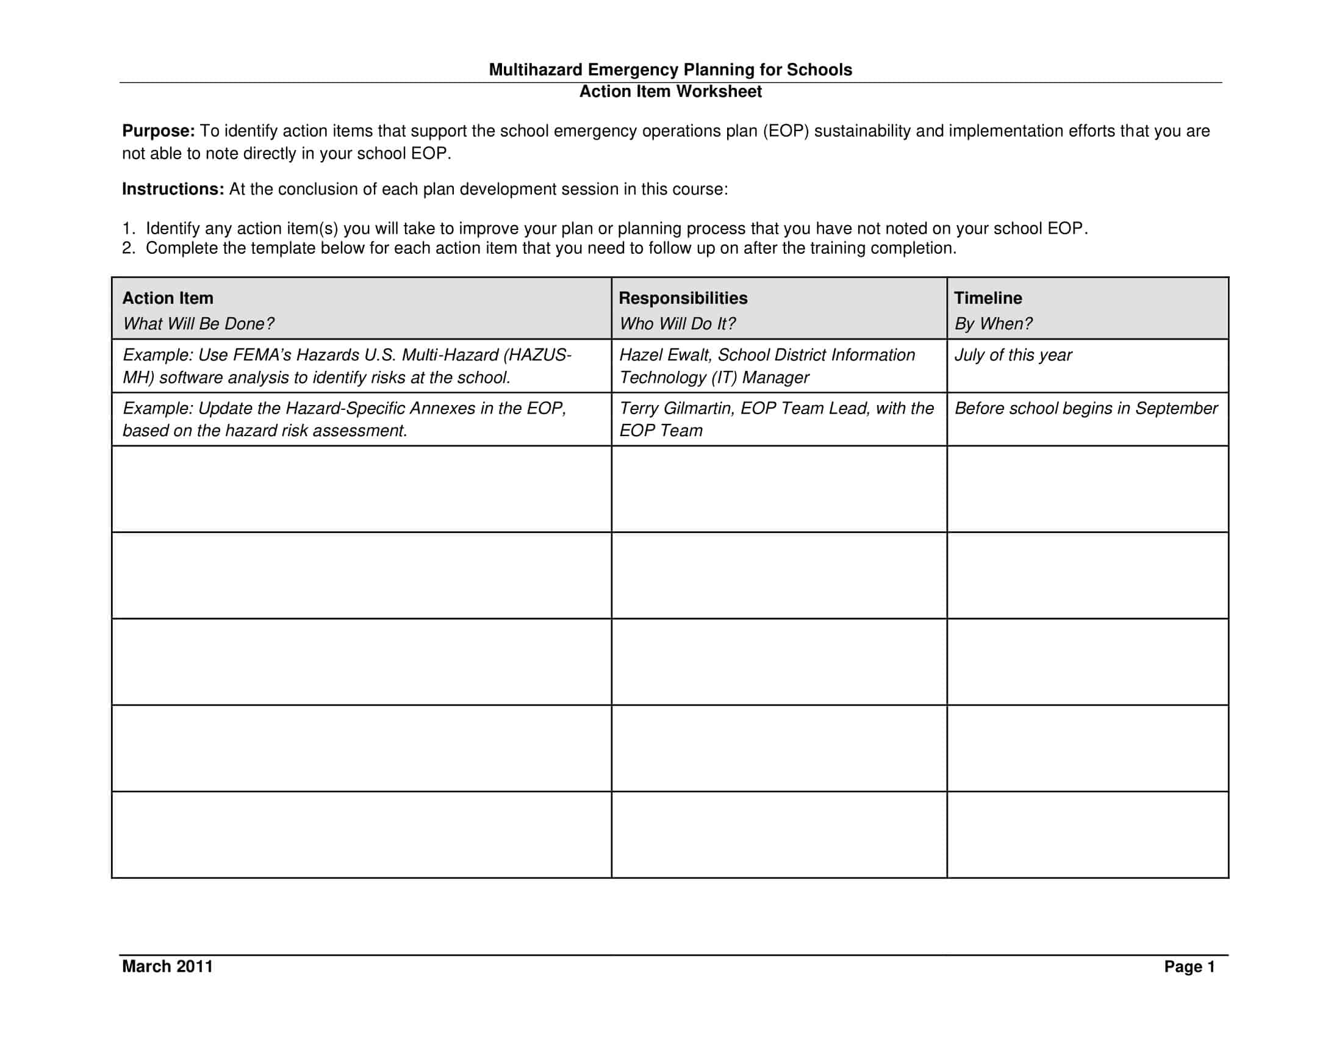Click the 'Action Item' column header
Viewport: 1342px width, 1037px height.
pos(168,298)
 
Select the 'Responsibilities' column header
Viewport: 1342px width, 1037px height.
pos(683,298)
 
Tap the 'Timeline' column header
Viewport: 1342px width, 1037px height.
pos(988,298)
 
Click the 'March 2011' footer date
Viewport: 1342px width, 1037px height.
pos(167,966)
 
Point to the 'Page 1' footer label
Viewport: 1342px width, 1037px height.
pos(1189,967)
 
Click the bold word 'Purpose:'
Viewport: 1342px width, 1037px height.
pos(159,131)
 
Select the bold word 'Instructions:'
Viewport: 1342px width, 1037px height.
pos(173,189)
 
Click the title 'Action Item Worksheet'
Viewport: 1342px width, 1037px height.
pos(670,91)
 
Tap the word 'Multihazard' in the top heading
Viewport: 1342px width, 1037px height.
pos(535,70)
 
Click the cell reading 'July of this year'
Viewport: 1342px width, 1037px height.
pos(1013,355)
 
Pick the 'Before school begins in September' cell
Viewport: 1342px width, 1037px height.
pos(1086,409)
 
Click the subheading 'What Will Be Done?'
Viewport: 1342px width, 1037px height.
pos(198,324)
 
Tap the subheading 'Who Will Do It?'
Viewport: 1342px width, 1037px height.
pos(677,324)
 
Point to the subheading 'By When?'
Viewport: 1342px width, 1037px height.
pos(993,324)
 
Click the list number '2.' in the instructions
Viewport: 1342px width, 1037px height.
pos(128,248)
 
